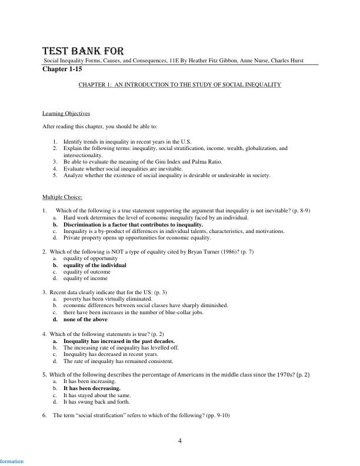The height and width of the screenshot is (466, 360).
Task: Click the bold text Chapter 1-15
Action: coord(62,69)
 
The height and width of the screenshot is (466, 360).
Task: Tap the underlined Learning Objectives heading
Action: coord(66,114)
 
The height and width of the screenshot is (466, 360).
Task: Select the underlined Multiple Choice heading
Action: coord(62,197)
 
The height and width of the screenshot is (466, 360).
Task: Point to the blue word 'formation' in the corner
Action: coord(12,461)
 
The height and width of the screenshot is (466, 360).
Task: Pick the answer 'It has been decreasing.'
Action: coord(92,388)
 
